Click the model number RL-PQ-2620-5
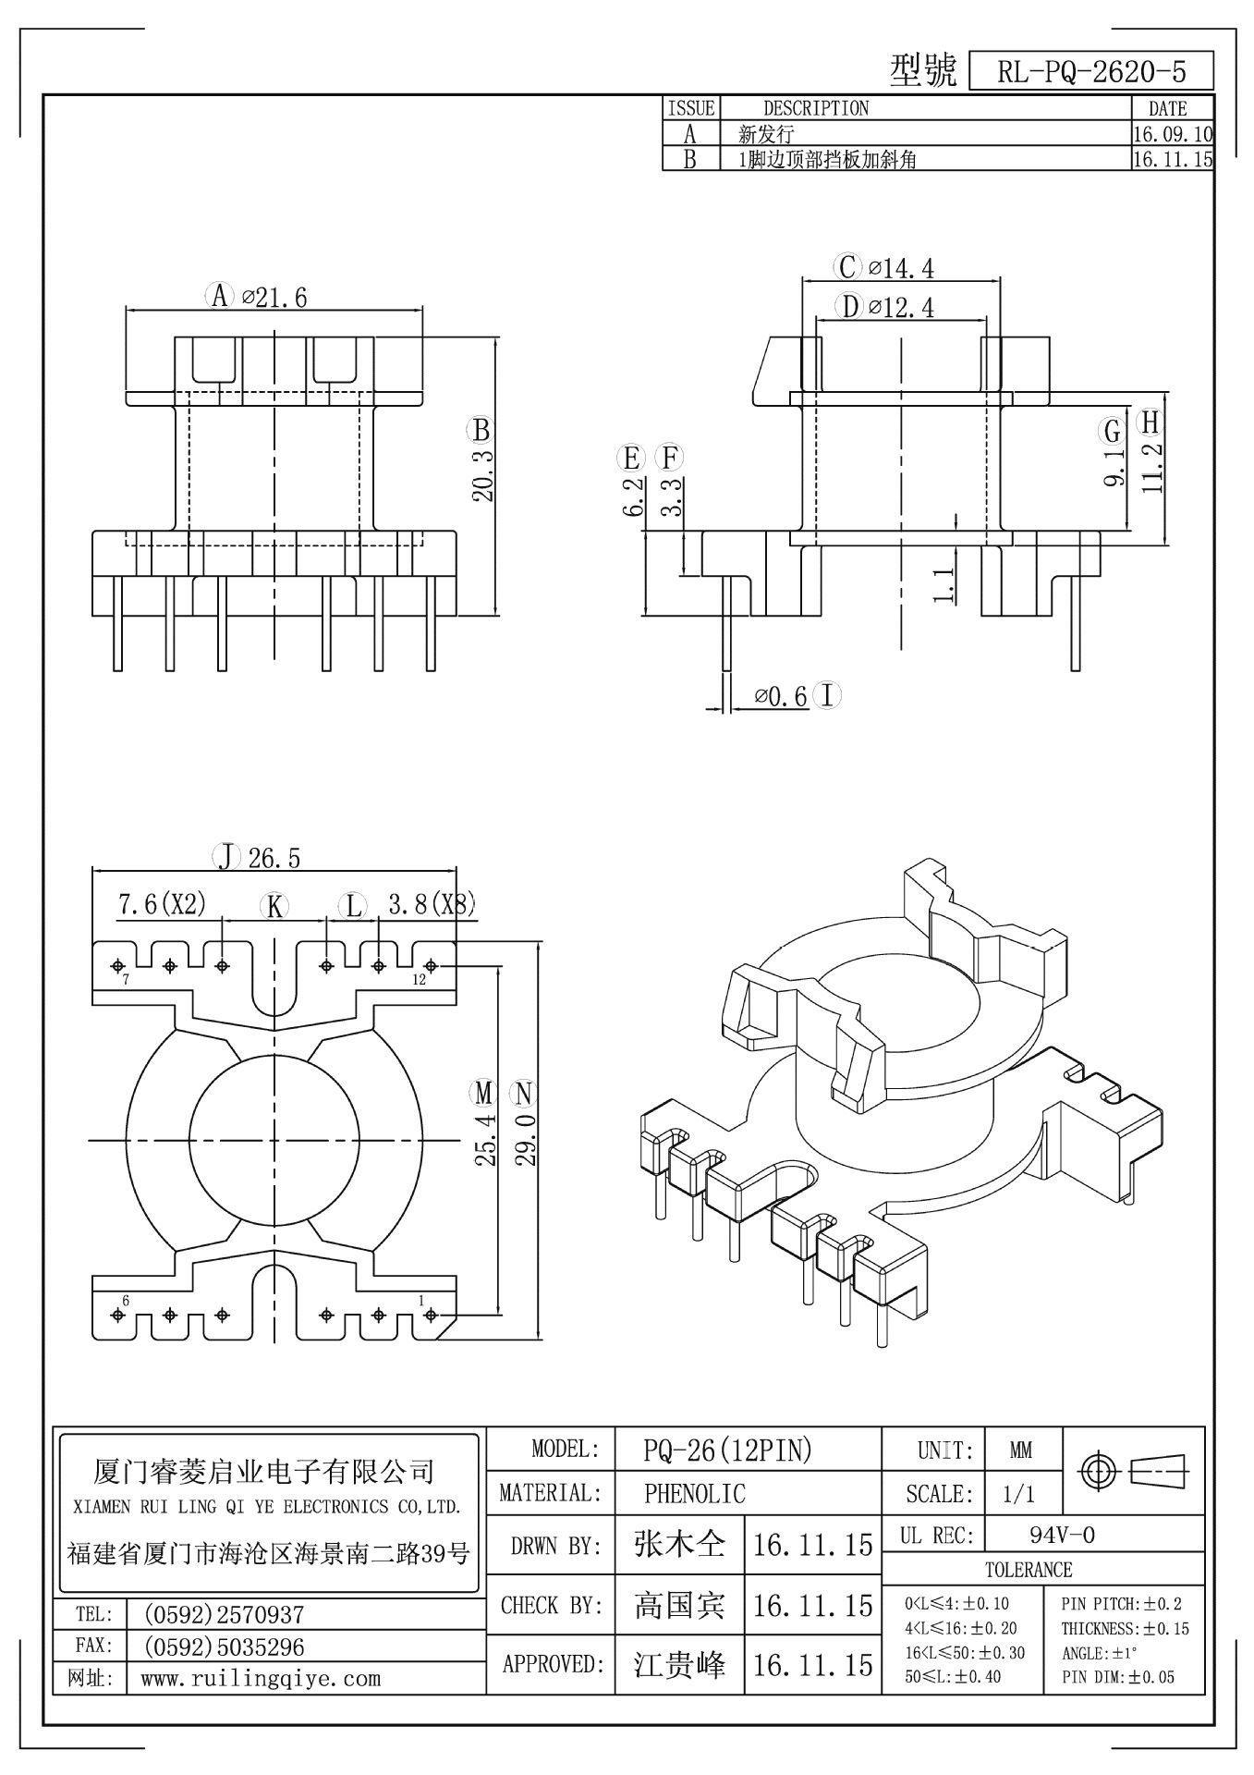(1091, 72)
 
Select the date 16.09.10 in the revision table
(1172, 134)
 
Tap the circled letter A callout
(219, 296)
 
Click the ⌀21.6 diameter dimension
(274, 297)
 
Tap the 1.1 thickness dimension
(944, 586)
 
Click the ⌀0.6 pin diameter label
(781, 696)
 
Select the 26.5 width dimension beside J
(274, 858)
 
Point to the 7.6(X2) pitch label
(162, 903)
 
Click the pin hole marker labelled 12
(431, 966)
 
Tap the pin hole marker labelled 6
(117, 1314)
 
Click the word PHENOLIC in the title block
(695, 1493)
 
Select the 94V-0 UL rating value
(1062, 1536)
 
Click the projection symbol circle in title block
(1098, 1470)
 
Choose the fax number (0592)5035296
(224, 1647)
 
